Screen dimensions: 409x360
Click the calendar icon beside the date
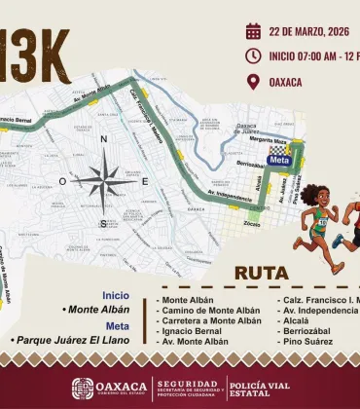pos(253,30)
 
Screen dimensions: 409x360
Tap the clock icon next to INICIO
pos(253,56)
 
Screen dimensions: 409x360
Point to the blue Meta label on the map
pos(279,160)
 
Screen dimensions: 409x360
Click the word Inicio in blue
pos(116,295)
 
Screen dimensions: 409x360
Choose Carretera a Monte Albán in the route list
pos(212,319)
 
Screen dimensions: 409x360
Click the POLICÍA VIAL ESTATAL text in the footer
pos(265,388)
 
